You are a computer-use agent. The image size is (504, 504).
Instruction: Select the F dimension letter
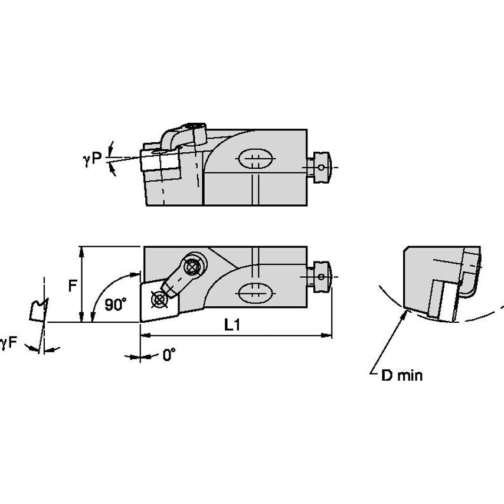72,286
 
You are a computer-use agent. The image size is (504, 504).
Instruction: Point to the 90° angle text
116,305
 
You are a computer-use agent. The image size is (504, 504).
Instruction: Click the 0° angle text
169,355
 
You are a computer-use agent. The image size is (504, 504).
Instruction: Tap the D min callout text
401,375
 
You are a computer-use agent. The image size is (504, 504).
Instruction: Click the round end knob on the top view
322,167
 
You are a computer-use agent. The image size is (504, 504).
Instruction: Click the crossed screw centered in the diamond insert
159,299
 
